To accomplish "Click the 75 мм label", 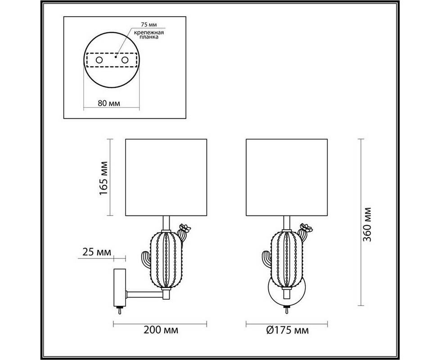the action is pos(149,25).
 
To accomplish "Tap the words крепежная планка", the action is pos(149,35).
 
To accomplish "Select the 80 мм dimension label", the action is pos(109,103).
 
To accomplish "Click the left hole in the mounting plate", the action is pos(99,60).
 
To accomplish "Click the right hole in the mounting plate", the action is pos(125,60).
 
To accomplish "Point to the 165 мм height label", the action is pos(103,179).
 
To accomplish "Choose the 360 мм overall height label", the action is pos(367,225).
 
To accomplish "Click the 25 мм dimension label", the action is pos(97,252).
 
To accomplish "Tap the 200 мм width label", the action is pos(161,330).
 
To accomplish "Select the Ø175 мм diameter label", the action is pos(287,330).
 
